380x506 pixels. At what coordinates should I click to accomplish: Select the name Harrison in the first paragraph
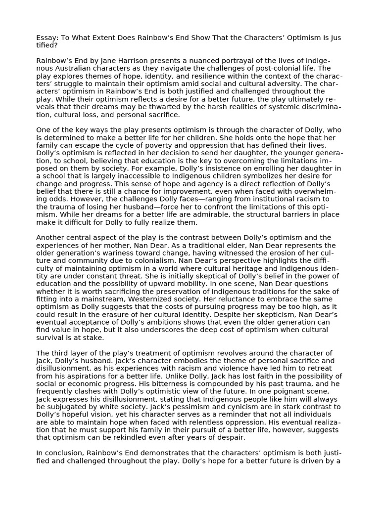pos(142,60)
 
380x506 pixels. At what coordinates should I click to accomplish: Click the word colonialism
pos(169,261)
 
